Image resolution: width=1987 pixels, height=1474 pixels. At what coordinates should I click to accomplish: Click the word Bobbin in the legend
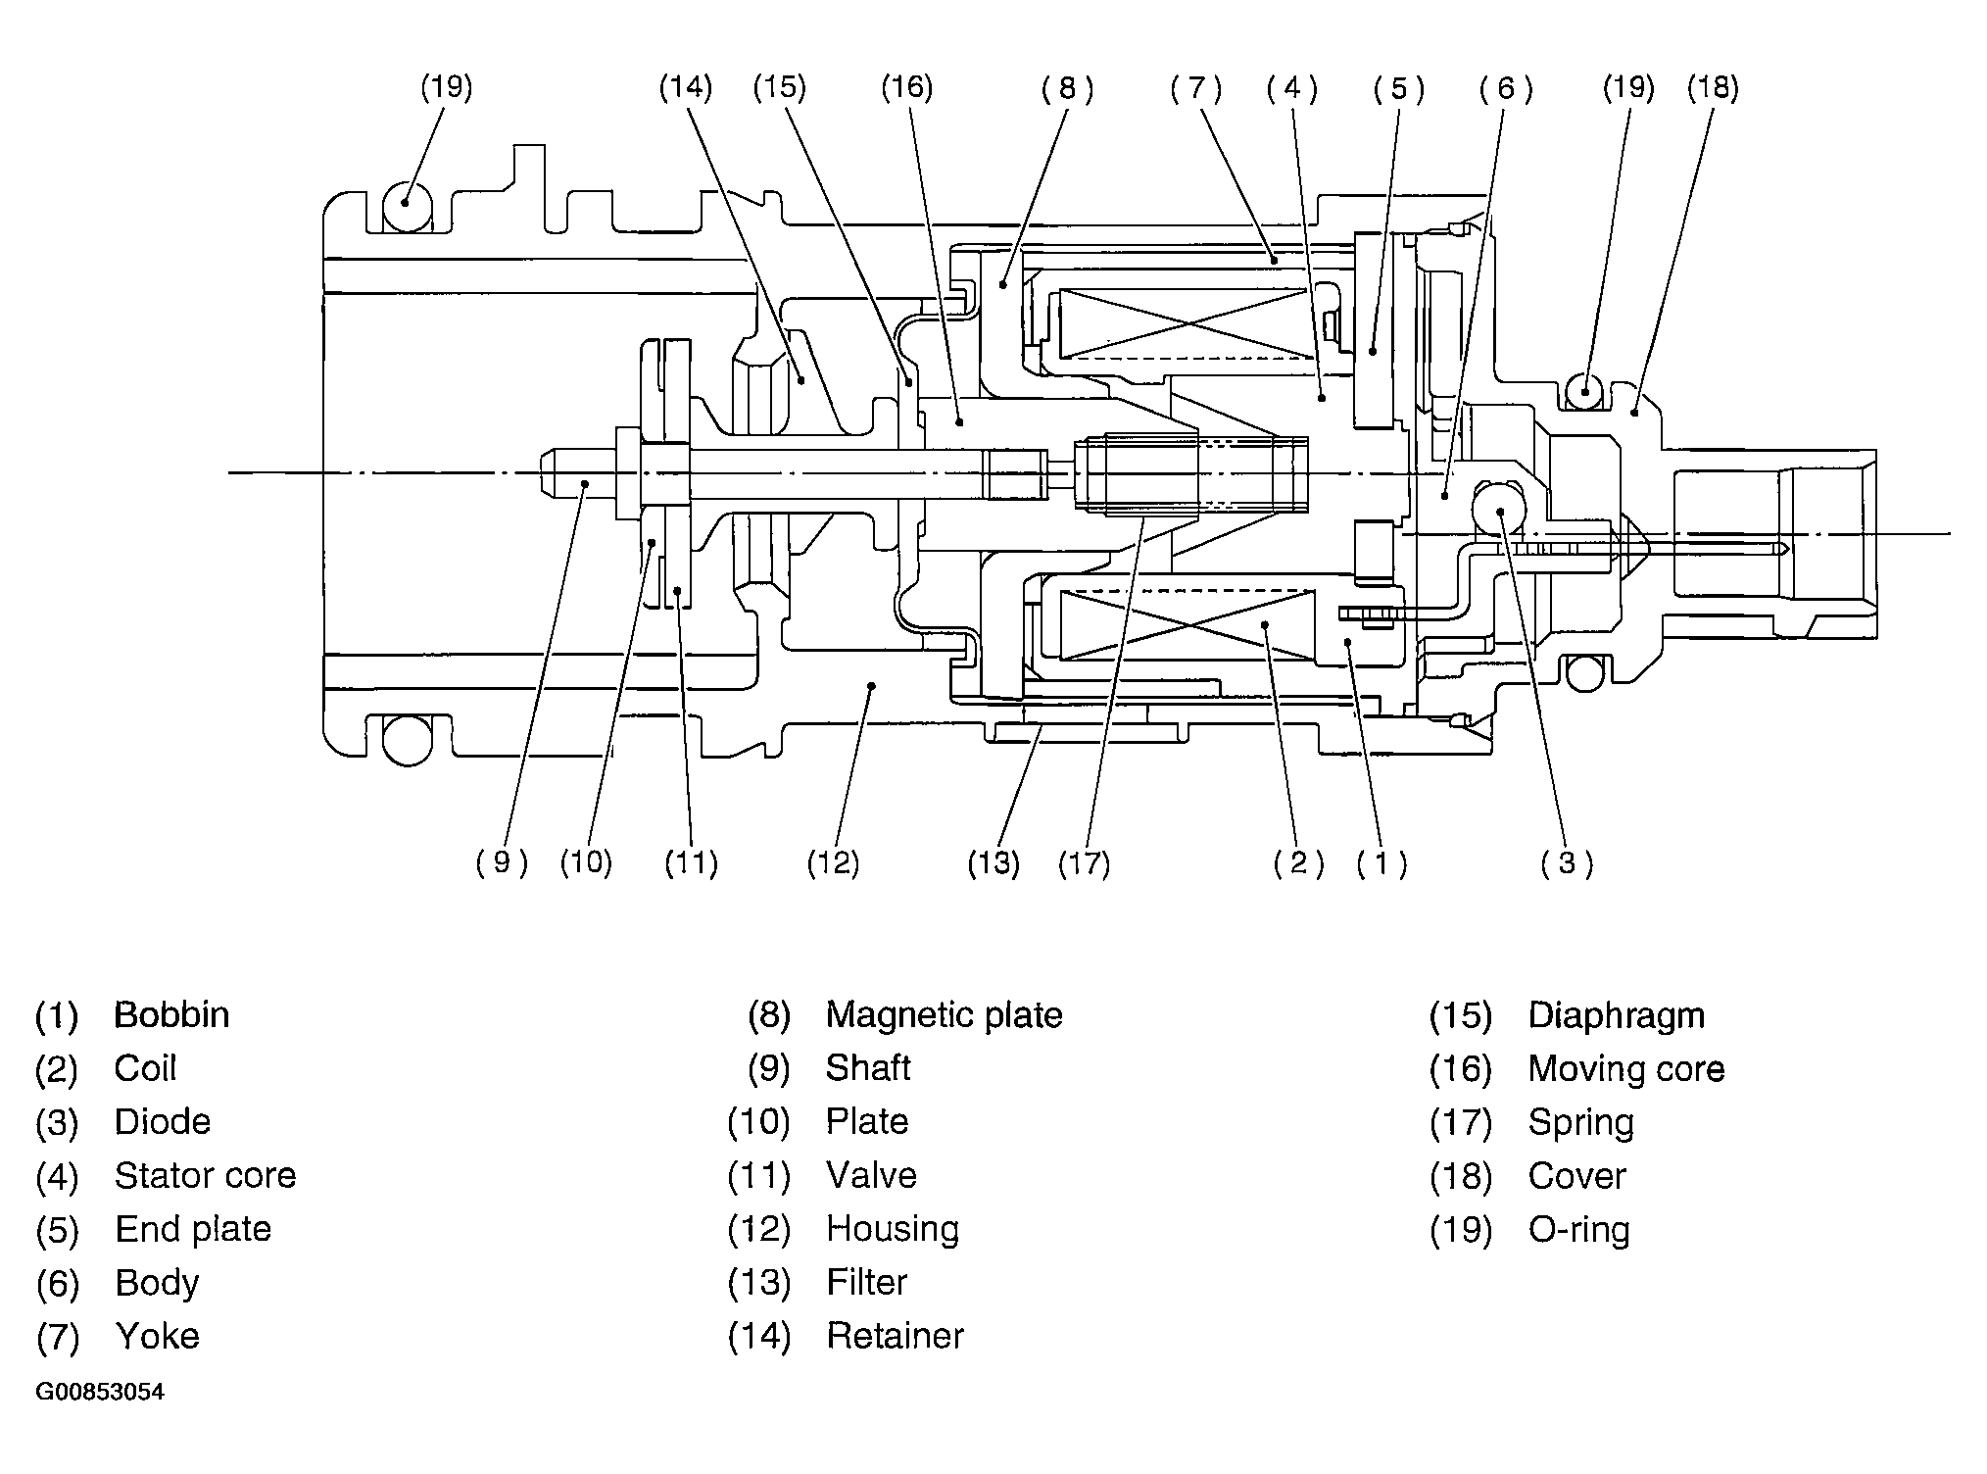point(171,1014)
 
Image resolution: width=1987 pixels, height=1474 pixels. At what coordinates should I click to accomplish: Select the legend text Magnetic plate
point(944,1014)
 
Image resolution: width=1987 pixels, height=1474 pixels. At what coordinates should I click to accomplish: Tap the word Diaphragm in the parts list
point(1616,1014)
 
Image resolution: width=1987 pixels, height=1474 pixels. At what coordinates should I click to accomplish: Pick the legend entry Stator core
point(205,1175)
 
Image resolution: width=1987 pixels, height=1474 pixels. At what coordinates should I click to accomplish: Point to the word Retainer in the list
point(895,1336)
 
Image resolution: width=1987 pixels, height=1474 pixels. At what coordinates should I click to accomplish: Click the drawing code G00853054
point(100,1393)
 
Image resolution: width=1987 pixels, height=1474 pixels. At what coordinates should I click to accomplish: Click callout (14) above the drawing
point(685,88)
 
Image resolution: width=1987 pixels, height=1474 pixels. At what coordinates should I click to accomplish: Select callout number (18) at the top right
point(1713,88)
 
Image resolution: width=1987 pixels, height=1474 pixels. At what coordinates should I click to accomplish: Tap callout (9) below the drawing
point(502,862)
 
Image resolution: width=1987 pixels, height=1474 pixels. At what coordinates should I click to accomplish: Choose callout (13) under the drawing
point(993,863)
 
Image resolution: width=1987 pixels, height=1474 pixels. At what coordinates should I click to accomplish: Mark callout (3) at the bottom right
point(1567,862)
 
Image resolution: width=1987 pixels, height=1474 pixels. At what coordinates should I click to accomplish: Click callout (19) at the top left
point(447,88)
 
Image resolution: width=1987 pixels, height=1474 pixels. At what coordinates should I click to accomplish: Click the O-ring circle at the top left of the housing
point(406,207)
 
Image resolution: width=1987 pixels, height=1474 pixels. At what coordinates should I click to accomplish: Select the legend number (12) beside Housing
point(758,1229)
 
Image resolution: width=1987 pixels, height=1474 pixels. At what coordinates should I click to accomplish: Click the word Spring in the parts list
point(1580,1122)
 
